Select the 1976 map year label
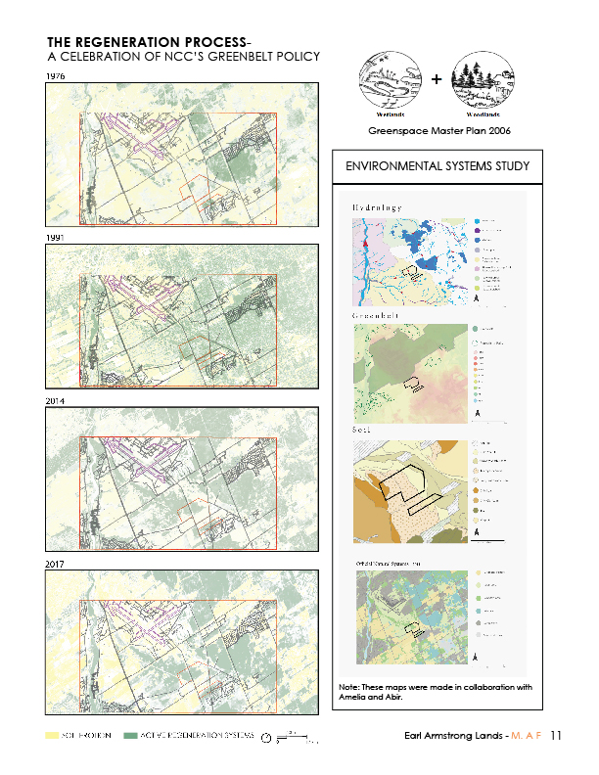point(57,75)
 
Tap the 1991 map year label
point(57,238)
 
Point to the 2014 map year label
point(57,401)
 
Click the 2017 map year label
point(57,566)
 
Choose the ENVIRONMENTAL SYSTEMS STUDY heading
point(437,167)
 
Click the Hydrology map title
point(378,208)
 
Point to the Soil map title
point(359,429)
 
